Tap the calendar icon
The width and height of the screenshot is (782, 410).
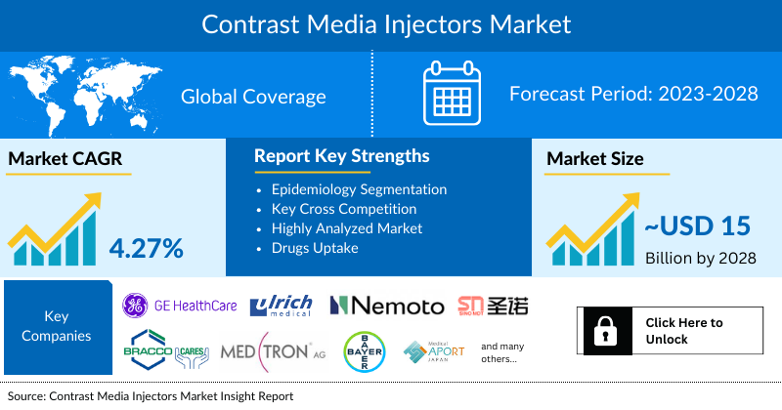click(x=451, y=95)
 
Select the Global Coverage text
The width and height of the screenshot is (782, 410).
click(x=253, y=96)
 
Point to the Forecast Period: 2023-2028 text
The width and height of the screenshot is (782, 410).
click(x=633, y=95)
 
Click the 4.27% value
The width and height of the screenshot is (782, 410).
click(x=147, y=248)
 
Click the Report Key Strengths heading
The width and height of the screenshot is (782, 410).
click(x=341, y=156)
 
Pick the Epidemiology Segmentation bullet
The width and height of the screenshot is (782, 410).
click(x=359, y=189)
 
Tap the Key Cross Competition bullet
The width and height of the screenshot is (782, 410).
click(x=343, y=209)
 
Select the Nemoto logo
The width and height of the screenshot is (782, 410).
click(x=387, y=306)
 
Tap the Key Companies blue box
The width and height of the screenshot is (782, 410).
click(x=56, y=328)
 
